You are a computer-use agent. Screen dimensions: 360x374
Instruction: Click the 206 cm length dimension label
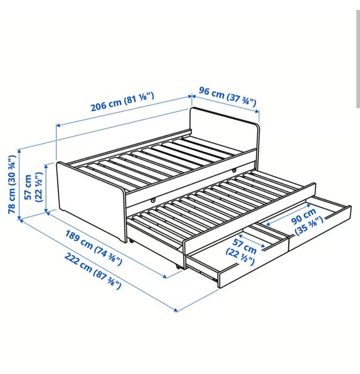(x=122, y=102)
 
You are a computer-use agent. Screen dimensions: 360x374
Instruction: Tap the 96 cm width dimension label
(x=228, y=97)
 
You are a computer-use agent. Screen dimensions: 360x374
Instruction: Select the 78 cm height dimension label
(x=12, y=184)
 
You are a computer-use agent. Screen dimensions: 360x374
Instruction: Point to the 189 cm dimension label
(x=94, y=248)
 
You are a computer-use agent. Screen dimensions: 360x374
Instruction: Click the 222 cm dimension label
(x=93, y=271)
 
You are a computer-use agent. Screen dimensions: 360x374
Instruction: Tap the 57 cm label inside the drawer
(x=241, y=252)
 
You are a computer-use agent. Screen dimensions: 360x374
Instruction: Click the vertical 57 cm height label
(x=33, y=187)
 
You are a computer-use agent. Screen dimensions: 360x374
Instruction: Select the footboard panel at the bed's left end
(x=91, y=202)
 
